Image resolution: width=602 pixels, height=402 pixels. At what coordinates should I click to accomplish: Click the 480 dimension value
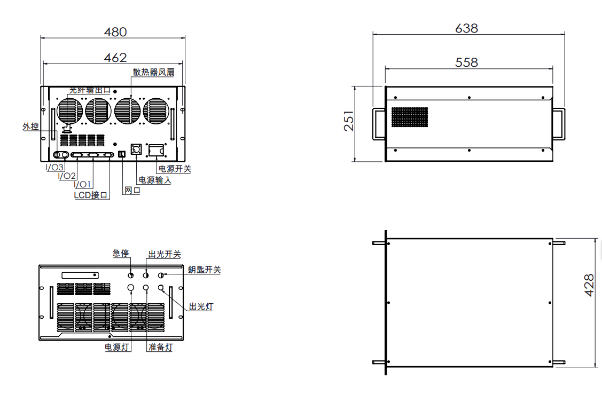click(115, 32)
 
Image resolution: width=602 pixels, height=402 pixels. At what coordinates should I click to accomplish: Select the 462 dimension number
click(115, 58)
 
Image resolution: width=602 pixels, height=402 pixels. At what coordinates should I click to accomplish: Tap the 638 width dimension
click(466, 28)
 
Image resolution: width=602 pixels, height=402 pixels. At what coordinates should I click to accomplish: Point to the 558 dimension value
click(466, 62)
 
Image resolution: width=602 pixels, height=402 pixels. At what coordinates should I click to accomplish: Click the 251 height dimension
click(349, 121)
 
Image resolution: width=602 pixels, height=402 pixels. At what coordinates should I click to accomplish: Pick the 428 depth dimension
click(589, 285)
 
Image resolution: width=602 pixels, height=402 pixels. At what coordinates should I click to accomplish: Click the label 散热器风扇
click(154, 72)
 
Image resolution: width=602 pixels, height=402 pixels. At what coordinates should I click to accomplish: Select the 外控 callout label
click(31, 126)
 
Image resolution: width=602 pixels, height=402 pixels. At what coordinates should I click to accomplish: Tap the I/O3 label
click(54, 167)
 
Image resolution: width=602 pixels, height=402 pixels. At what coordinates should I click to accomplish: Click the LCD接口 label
click(91, 195)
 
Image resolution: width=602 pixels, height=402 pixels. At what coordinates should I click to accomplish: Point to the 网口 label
click(132, 190)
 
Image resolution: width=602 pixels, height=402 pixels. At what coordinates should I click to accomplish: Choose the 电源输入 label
click(155, 180)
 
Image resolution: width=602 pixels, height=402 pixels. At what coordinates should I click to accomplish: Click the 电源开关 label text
click(175, 169)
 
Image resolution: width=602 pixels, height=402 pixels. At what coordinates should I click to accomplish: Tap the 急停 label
click(121, 253)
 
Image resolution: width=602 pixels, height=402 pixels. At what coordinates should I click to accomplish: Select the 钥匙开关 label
click(204, 270)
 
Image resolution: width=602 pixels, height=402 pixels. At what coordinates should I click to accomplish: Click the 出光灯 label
click(201, 306)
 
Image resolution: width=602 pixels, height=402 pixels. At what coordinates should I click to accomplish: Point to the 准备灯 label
click(160, 347)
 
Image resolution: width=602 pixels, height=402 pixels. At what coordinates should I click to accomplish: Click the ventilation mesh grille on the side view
click(409, 117)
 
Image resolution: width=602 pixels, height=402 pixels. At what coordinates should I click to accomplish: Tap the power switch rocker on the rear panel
click(157, 151)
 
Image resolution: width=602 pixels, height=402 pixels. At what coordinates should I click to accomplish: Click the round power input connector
click(136, 149)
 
